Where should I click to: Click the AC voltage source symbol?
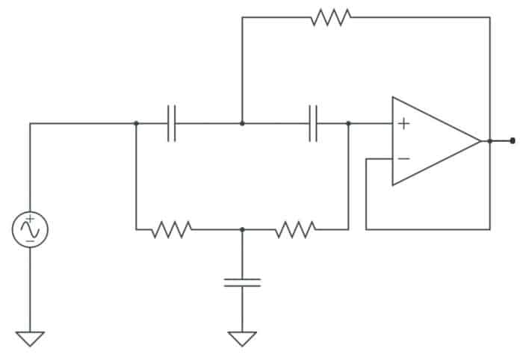30,229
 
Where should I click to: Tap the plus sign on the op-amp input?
403,123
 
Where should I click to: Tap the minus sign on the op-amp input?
403,158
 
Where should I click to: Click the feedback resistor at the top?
330,17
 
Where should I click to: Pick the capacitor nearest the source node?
172,123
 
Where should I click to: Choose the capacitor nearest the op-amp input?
313,123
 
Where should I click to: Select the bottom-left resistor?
171,229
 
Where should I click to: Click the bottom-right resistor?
295,229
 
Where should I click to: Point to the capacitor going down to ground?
242,282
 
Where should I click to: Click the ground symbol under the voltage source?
30,338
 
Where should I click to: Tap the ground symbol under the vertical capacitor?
242,338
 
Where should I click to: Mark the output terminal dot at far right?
513,140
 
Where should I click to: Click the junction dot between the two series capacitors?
242,123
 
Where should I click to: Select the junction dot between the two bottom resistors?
242,229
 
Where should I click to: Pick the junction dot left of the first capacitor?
136,123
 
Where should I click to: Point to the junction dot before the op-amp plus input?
348,123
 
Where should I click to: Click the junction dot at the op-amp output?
489,140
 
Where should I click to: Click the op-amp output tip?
480,140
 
